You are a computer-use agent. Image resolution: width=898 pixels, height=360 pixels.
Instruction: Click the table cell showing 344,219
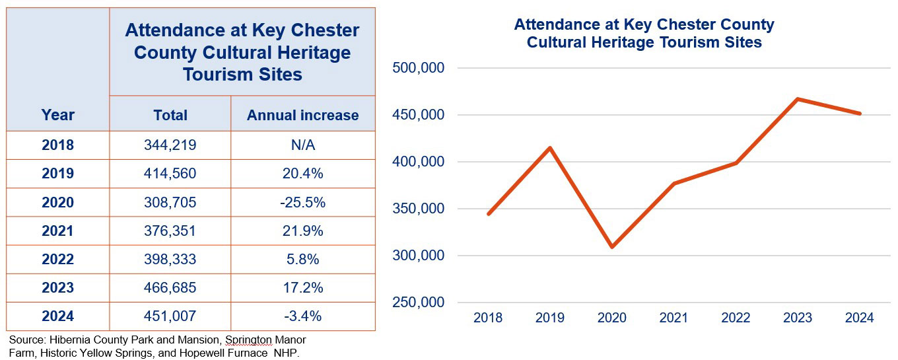point(170,145)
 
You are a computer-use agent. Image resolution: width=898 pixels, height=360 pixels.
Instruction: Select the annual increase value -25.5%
point(302,202)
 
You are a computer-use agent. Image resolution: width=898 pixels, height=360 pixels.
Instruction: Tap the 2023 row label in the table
point(58,288)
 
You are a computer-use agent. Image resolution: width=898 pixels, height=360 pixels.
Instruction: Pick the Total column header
point(170,115)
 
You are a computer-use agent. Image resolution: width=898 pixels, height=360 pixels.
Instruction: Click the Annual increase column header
point(302,115)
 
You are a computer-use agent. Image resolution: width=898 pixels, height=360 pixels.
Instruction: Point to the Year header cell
point(58,115)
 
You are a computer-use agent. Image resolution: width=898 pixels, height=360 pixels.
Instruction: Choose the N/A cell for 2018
point(302,145)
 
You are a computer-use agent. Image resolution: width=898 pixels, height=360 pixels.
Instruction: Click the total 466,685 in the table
point(170,288)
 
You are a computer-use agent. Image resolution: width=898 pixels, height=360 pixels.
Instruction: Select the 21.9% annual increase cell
point(302,231)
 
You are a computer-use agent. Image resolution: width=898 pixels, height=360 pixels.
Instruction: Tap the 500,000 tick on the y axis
point(419,68)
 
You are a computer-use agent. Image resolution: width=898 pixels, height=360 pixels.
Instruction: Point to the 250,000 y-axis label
point(419,303)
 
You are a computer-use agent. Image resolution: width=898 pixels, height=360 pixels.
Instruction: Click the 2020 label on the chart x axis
point(612,318)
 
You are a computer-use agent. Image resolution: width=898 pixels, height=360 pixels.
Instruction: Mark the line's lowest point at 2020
point(612,247)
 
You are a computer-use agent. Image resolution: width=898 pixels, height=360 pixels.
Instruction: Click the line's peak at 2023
point(798,99)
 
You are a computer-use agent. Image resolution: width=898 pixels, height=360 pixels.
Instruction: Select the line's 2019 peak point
point(550,147)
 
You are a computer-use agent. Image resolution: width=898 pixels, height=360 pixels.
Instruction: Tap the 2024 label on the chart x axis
point(859,318)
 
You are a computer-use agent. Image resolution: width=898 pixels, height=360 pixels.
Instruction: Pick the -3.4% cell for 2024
point(302,316)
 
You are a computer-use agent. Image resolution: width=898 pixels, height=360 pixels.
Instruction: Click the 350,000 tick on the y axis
point(419,209)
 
